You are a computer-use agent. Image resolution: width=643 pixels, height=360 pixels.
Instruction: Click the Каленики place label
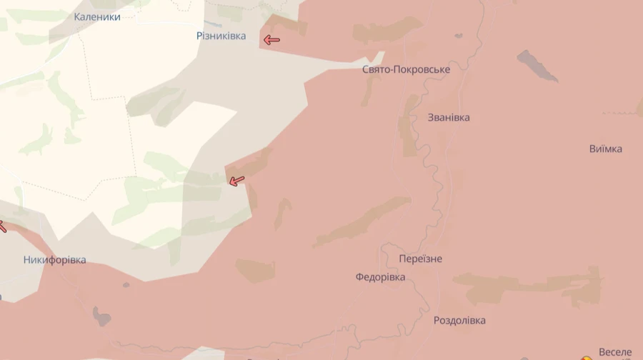click(x=97, y=16)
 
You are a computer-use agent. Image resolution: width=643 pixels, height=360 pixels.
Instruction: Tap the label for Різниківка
click(x=221, y=36)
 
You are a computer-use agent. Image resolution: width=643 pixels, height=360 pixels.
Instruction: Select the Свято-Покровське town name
click(x=406, y=69)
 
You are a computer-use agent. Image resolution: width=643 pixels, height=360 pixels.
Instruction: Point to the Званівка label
click(x=449, y=117)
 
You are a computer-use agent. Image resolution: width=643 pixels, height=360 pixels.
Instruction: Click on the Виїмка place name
click(x=605, y=149)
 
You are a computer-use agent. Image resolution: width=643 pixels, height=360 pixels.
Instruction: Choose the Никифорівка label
click(x=54, y=260)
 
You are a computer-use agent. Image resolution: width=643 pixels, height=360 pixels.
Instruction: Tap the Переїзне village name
click(x=421, y=259)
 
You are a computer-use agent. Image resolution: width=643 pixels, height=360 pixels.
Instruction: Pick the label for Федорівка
click(x=380, y=277)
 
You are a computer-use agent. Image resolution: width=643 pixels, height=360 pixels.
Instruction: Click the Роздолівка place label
click(x=459, y=320)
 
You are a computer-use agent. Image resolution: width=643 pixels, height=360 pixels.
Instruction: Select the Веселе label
click(x=614, y=352)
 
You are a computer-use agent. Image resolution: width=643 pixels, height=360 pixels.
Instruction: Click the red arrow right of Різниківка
click(x=271, y=40)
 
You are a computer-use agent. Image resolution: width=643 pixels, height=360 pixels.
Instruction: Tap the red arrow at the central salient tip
click(x=236, y=181)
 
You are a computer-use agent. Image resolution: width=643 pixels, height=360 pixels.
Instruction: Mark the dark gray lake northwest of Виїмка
click(x=537, y=66)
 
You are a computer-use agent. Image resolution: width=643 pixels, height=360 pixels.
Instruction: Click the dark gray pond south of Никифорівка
click(x=102, y=315)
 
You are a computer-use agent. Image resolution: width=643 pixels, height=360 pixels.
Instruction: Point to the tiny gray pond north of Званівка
click(x=457, y=36)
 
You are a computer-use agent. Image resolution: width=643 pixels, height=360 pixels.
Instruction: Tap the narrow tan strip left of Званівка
click(x=409, y=125)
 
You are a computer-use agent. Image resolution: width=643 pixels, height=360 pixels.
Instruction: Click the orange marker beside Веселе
click(x=586, y=357)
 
